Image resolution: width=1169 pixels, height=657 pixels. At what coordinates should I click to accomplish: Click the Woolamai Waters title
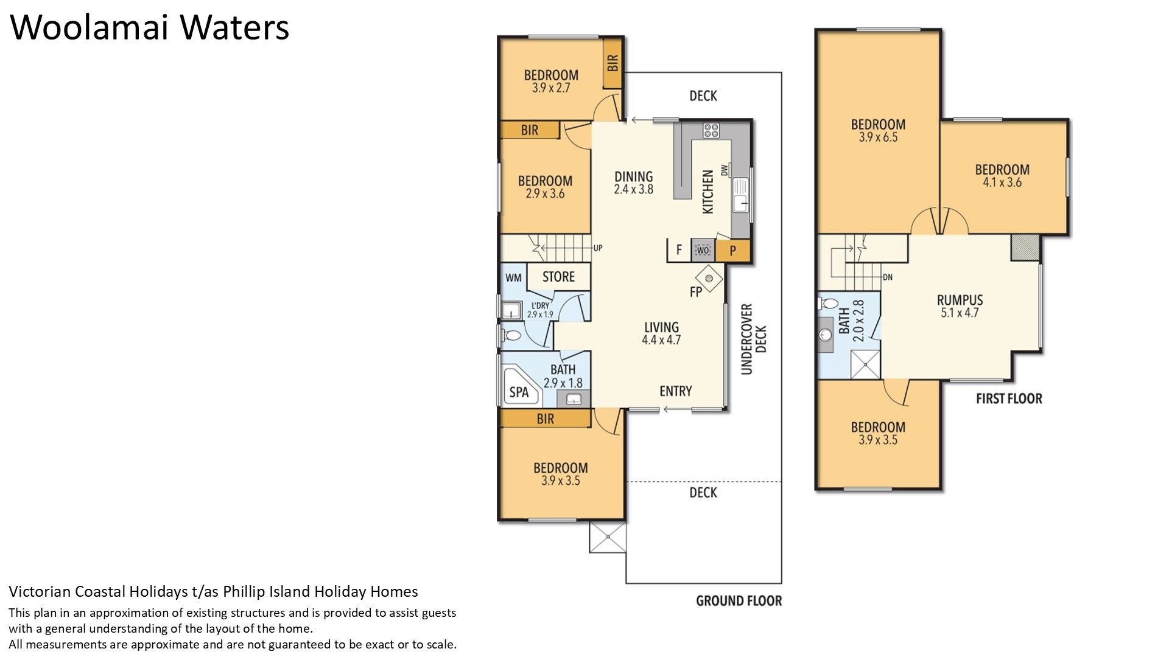(150, 27)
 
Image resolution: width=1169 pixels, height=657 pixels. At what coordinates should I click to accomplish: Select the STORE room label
(558, 277)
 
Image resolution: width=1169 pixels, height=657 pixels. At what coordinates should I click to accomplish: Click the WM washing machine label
(513, 277)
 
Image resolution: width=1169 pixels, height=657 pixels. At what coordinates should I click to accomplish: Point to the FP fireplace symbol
(709, 279)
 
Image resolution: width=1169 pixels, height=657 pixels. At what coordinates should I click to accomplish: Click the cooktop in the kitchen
(711, 130)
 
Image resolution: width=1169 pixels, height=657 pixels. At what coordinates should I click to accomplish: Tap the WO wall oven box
(703, 250)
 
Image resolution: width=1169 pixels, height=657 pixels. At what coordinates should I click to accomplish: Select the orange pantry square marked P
(732, 250)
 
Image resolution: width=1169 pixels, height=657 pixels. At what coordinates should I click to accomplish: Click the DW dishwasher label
(724, 170)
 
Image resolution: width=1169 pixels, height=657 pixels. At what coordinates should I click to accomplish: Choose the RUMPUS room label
(960, 300)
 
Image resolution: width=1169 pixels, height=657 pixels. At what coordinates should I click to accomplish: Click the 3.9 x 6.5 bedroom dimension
(878, 137)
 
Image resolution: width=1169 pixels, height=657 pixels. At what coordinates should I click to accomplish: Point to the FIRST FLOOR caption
(1009, 398)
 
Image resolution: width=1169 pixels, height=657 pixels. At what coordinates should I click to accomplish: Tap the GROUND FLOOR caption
(739, 601)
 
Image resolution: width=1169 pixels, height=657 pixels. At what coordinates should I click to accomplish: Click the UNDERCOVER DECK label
(754, 339)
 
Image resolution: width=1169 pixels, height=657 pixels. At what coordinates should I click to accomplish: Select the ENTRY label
(676, 391)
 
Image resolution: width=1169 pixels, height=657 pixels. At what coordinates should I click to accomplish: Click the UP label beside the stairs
(598, 248)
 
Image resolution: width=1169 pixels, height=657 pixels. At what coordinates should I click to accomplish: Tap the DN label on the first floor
(888, 277)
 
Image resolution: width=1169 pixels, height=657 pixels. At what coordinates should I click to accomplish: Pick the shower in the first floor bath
(865, 364)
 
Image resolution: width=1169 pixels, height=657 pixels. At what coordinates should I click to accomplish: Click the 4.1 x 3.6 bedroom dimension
(1002, 182)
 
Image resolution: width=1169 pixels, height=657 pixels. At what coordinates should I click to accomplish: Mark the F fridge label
(679, 249)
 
